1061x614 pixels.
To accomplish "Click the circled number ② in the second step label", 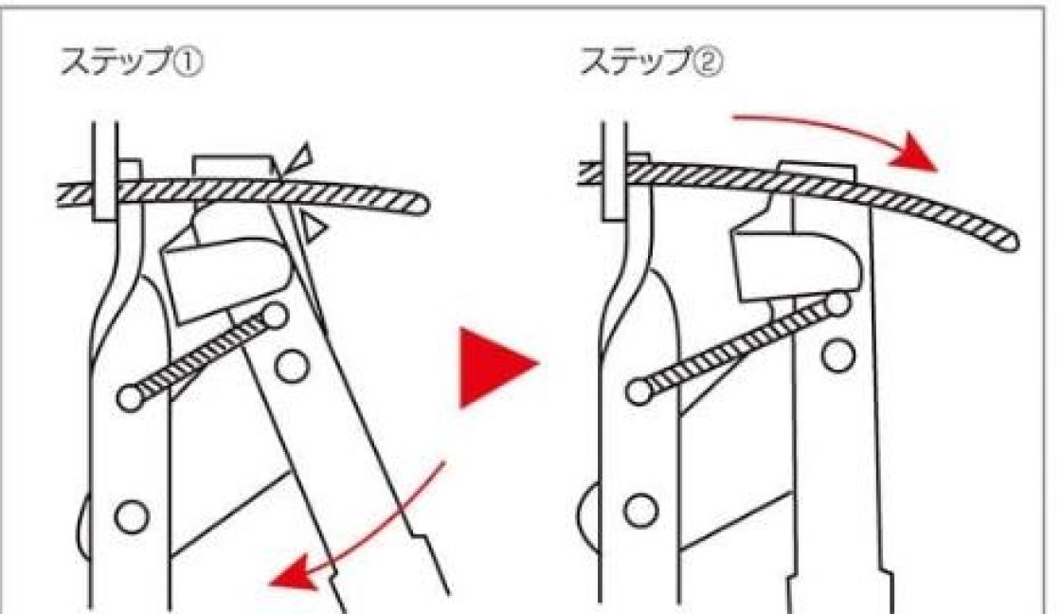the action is (708, 63).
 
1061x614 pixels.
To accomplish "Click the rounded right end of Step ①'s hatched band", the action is (421, 205).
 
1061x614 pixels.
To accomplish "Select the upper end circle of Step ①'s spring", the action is (275, 315).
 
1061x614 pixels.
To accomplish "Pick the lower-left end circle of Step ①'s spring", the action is (131, 398).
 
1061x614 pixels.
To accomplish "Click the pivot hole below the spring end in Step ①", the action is (292, 367).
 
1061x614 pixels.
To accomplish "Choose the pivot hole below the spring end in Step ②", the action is (838, 356).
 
